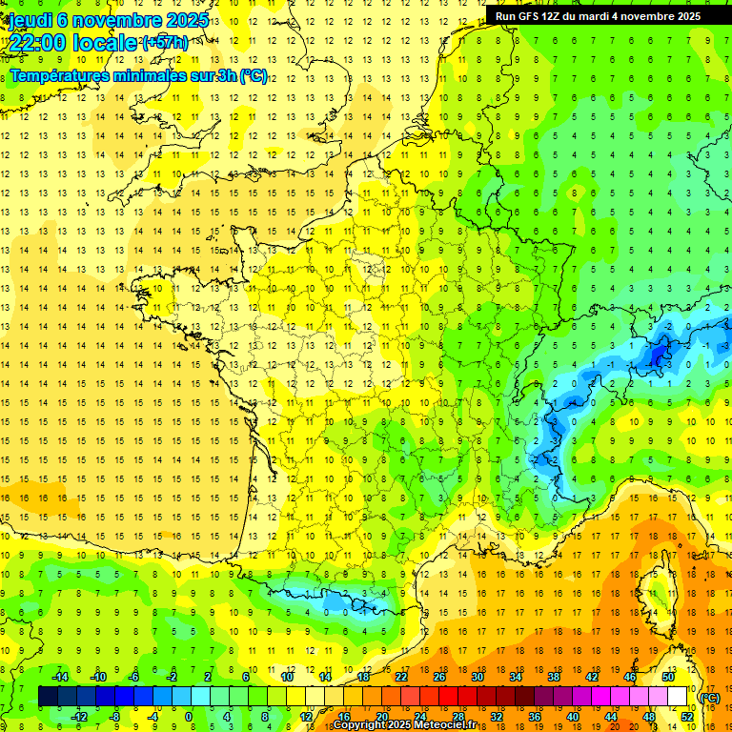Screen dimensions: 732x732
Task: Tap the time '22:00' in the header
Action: point(37,43)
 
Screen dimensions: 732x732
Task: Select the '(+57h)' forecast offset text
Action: point(165,43)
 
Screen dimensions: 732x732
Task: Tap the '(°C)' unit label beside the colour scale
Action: point(709,698)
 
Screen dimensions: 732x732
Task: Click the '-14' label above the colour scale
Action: point(59,677)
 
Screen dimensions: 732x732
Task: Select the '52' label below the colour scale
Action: point(686,717)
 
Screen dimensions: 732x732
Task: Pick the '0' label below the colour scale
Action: point(189,717)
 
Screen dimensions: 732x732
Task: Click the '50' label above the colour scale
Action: point(667,677)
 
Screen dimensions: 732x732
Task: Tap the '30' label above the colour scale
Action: point(477,677)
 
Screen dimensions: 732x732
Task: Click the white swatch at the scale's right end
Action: point(677,697)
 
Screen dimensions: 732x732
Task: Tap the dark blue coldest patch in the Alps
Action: point(657,355)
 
